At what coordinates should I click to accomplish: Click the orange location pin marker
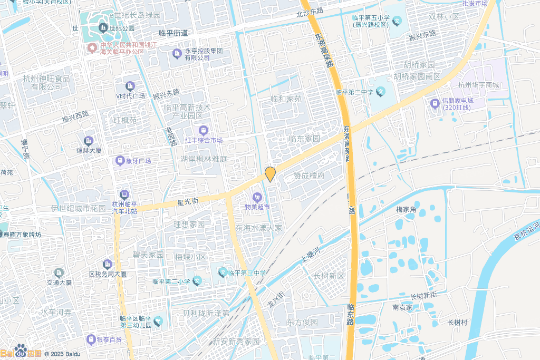point(270,174)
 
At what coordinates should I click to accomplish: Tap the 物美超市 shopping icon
point(257,198)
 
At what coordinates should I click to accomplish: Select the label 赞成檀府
point(309,176)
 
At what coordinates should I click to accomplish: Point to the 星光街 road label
point(187,202)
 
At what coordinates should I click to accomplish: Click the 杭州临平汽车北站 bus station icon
point(124,194)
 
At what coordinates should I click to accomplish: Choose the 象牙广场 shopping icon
point(120,160)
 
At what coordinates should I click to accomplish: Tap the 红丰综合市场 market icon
point(203,130)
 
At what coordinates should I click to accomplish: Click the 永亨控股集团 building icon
point(177,53)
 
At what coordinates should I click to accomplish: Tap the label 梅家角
point(406,210)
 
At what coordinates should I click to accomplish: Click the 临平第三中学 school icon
point(223,273)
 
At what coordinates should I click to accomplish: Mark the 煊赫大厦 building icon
point(88,141)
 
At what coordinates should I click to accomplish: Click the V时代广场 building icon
point(130,86)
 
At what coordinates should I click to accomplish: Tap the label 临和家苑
point(286,99)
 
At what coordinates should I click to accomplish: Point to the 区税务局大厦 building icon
point(108,264)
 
